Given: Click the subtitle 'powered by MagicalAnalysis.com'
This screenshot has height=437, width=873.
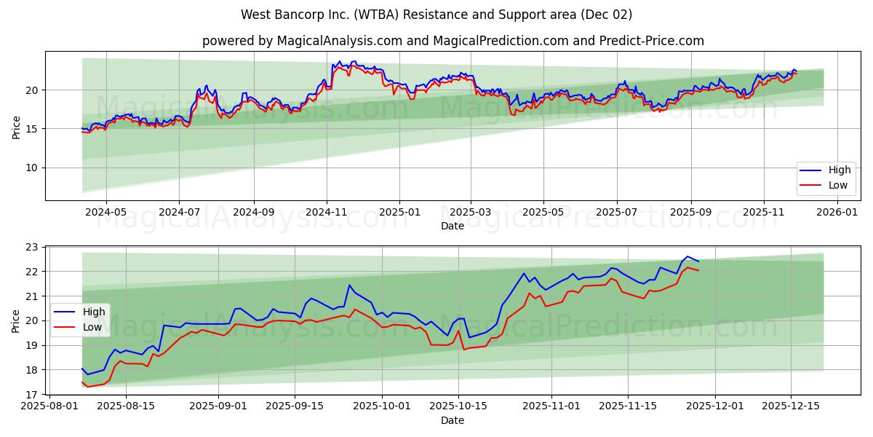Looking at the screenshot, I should point(453,41).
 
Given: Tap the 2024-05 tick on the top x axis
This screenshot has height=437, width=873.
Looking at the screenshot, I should point(106,212).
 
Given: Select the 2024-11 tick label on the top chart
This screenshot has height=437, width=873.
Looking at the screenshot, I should point(326,212).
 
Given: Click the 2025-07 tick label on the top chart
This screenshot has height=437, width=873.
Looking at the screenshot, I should point(617,212).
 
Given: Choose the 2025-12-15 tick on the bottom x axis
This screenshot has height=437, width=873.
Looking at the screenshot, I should point(791,406).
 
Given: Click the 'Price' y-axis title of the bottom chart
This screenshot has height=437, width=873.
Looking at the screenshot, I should point(16,320).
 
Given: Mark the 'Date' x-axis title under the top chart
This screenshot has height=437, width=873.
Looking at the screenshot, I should point(453,226).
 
